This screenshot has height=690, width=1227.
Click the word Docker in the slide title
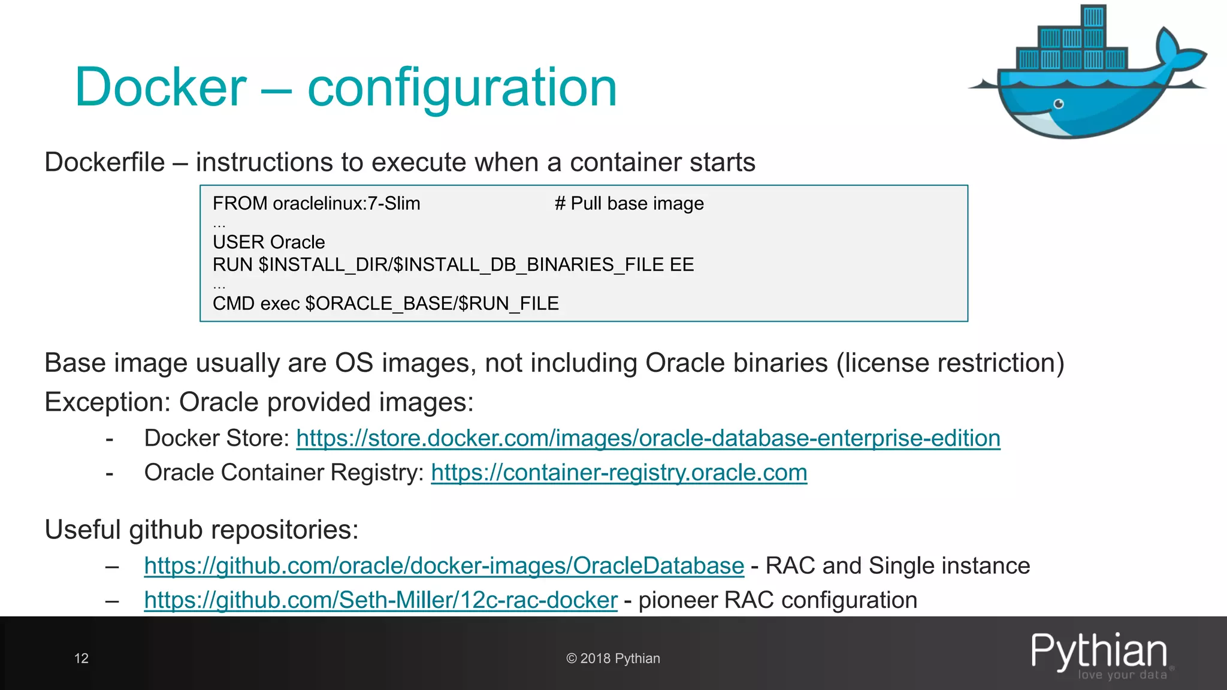point(160,88)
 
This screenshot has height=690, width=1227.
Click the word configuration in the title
point(462,88)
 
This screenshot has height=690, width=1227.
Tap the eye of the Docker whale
point(1059,104)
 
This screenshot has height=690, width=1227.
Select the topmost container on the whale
point(1093,16)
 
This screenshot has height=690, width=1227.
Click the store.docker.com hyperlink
point(648,438)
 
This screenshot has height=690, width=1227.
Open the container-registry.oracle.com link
point(619,473)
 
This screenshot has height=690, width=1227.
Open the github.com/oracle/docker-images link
point(444,566)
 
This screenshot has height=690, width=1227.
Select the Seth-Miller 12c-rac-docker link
point(380,600)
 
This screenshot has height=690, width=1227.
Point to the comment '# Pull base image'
point(629,204)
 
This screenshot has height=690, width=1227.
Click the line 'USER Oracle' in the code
point(269,242)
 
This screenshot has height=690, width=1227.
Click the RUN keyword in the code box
point(232,265)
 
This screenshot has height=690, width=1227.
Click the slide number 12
point(81,658)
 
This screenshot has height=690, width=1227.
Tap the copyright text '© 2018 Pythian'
point(613,658)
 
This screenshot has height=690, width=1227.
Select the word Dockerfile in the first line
point(105,162)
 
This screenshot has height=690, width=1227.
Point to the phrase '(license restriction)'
point(950,363)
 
